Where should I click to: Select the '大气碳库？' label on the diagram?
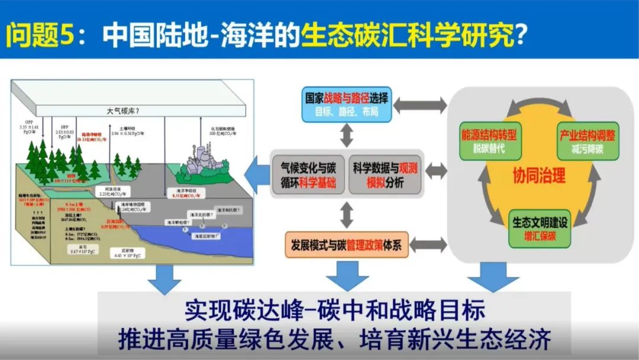click(x=127, y=110)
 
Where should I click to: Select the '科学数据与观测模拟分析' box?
click(x=385, y=172)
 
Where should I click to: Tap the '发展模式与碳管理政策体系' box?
click(x=347, y=243)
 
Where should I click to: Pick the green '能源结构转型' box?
click(x=489, y=141)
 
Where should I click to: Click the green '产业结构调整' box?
click(x=587, y=141)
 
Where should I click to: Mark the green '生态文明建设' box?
click(x=539, y=229)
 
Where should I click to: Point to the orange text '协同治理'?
click(x=539, y=176)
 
